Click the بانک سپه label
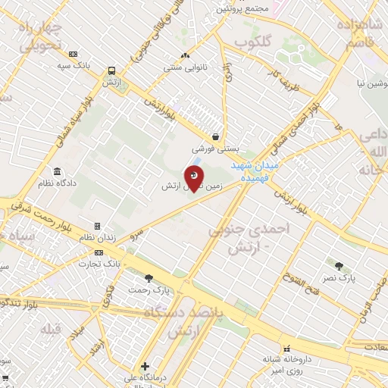(74, 66)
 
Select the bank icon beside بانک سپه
(73, 54)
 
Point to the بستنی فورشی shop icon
(217, 137)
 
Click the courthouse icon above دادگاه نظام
(57, 171)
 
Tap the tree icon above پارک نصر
(339, 266)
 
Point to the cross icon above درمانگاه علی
(145, 365)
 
